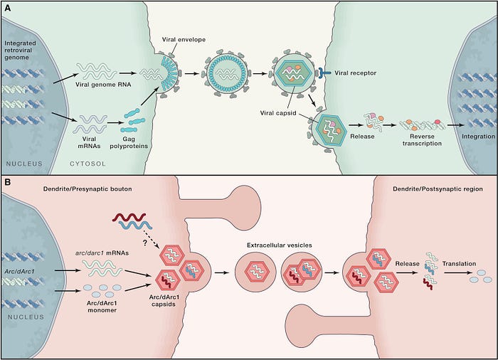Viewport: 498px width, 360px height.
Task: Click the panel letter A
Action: pos(7,9)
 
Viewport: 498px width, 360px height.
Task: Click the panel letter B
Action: pos(7,182)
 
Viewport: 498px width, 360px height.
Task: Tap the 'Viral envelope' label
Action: pos(184,40)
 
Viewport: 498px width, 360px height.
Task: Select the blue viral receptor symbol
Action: pos(323,73)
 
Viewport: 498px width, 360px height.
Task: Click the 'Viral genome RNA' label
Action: pos(103,85)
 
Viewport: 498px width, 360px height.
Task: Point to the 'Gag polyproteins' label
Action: pos(129,142)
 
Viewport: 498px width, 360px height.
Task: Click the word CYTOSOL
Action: pos(88,164)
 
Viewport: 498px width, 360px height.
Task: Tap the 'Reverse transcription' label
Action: pos(422,140)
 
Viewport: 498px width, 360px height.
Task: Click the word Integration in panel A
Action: pos(478,137)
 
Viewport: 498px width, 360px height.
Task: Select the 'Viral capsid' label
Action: pos(278,113)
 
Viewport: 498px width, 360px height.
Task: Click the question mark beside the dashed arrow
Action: pos(145,243)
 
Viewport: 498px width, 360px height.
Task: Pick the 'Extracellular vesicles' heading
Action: pos(279,245)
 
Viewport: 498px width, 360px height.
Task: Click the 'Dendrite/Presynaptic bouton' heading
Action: pos(88,189)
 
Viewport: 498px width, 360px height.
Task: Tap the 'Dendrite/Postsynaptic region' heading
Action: pos(438,189)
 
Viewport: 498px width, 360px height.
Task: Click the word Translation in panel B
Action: pos(459,264)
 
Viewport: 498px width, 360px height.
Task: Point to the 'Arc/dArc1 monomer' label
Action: pos(102,307)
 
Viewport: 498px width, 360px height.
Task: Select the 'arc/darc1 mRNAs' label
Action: pos(102,253)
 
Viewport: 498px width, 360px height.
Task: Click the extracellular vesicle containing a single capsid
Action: pos(255,272)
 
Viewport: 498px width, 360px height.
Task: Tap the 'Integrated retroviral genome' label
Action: pos(20,51)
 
